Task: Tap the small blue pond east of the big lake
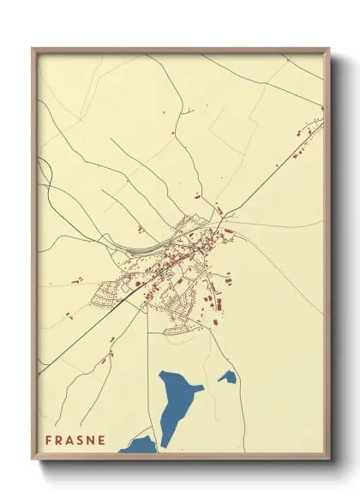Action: point(227,376)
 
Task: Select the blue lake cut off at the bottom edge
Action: point(139,446)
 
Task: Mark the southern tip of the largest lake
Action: point(164,445)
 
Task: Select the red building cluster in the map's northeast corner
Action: point(304,146)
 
